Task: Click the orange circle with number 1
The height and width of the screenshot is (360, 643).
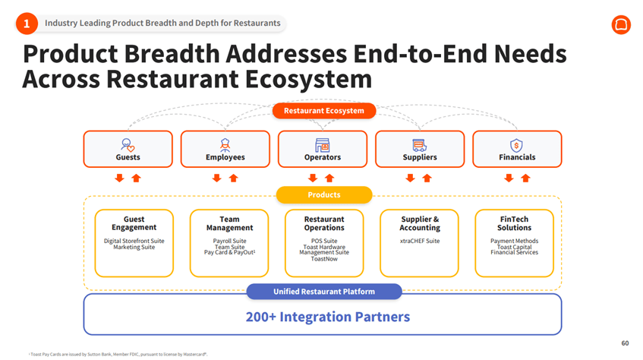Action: pos(27,24)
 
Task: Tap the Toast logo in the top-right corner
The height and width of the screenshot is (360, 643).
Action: pos(620,24)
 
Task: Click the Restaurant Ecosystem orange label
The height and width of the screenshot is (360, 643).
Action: pos(324,111)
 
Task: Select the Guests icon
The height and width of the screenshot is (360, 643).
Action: pos(128,144)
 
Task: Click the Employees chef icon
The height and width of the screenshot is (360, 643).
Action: pos(225,144)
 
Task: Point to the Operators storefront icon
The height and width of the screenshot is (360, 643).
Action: pos(322,144)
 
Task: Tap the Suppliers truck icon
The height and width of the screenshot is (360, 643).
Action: pos(419,144)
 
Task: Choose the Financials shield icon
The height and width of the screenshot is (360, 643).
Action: pos(516,144)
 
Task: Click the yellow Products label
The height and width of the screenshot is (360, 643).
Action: pos(324,195)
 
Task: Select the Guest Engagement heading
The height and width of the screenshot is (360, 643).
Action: pos(134,223)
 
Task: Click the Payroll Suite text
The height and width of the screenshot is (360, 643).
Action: pos(229,241)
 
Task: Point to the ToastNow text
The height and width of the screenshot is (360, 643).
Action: pos(324,259)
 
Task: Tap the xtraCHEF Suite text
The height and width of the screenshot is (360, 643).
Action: pos(420,241)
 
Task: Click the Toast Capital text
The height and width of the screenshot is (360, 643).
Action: pos(514,247)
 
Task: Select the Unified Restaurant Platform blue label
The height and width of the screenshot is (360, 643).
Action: pos(324,292)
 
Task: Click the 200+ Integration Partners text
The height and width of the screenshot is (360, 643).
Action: pos(327,317)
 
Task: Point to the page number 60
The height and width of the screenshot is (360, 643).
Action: pos(625,343)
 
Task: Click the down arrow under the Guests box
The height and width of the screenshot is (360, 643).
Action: pos(119,178)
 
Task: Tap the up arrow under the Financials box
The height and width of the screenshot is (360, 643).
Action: pos(525,178)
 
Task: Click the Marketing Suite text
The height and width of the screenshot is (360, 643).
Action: pos(134,247)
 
